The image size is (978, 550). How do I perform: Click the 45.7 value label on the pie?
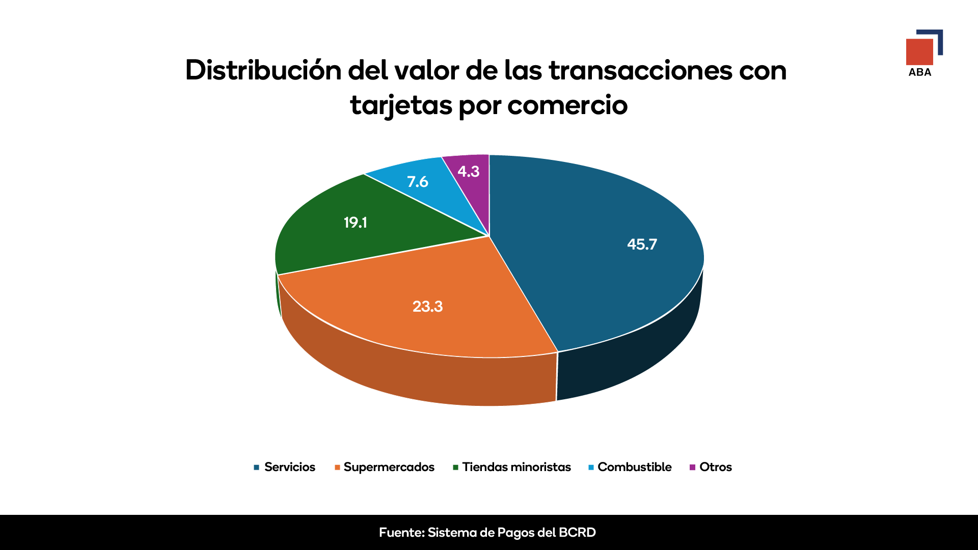[x=642, y=244]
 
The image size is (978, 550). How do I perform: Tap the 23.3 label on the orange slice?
[x=427, y=307]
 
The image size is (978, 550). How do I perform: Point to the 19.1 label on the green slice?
[x=355, y=223]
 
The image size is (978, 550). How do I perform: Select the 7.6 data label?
[x=417, y=182]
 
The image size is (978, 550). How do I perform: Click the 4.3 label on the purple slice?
[x=468, y=172]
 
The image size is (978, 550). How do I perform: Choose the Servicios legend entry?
[x=289, y=467]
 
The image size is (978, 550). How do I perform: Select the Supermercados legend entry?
[x=389, y=467]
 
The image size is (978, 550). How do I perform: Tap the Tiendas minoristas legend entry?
[x=516, y=467]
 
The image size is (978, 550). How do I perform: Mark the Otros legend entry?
[x=715, y=467]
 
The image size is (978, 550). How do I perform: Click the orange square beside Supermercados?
[x=337, y=468]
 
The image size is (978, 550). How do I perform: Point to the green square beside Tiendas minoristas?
[x=456, y=468]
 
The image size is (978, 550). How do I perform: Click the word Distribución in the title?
[x=263, y=70]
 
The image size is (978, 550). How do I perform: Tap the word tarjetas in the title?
[x=401, y=106]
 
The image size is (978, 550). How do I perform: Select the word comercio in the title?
[x=567, y=106]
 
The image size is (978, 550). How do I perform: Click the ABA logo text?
[x=920, y=72]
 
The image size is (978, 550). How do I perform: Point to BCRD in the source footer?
[x=577, y=533]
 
